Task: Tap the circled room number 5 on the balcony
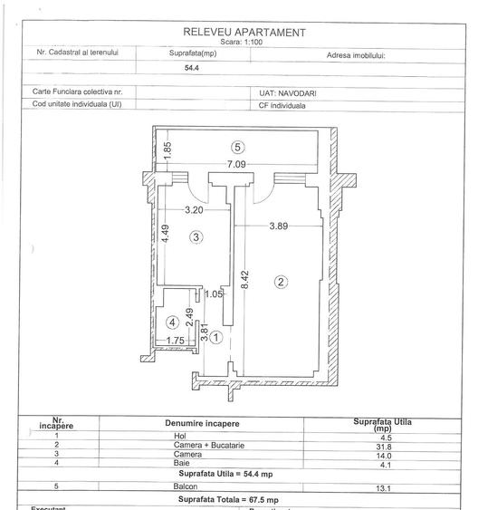coord(237,147)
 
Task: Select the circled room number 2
coord(281,282)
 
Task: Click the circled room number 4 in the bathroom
coord(171,322)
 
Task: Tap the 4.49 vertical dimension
coord(167,234)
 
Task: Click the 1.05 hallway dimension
coord(214,293)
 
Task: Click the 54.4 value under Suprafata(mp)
coord(192,68)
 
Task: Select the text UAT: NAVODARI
coord(284,92)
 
